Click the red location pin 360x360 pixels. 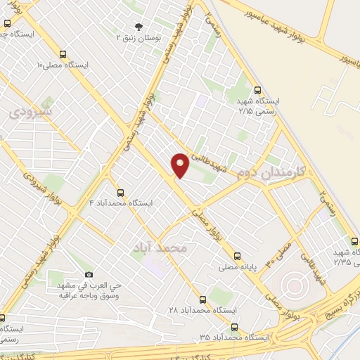(x=180, y=165)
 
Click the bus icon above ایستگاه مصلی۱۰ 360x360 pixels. (x=63, y=54)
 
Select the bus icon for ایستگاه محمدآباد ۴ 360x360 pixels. (x=120, y=193)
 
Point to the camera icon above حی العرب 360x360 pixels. (x=89, y=274)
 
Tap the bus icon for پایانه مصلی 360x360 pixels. (x=237, y=257)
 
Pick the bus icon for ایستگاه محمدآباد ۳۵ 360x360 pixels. (x=233, y=327)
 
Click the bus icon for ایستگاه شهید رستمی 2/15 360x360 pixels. (x=257, y=90)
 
